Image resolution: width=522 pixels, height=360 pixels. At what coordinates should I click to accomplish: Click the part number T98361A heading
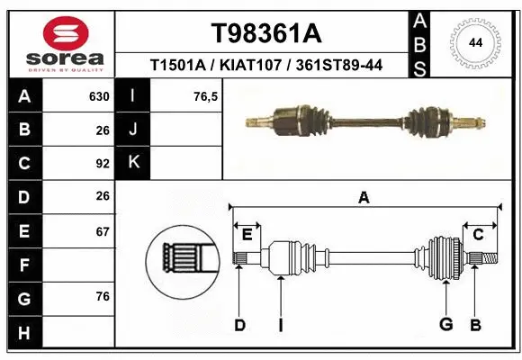(x=265, y=33)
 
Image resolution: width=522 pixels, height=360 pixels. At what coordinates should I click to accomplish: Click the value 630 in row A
(x=99, y=96)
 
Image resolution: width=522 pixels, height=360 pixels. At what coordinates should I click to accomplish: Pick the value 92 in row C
(x=102, y=164)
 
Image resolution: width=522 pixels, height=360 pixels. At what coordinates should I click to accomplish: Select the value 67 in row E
(x=102, y=231)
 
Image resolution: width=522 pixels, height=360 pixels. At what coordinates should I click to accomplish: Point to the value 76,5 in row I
(x=206, y=96)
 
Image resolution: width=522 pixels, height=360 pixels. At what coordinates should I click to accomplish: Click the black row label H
(x=23, y=332)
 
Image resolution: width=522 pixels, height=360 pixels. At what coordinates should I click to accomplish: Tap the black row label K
(x=133, y=163)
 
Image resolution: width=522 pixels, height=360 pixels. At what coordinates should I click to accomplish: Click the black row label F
(x=23, y=265)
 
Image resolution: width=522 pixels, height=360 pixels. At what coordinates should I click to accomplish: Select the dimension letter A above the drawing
(x=364, y=198)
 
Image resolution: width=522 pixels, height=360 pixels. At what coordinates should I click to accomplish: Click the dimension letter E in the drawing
(x=247, y=234)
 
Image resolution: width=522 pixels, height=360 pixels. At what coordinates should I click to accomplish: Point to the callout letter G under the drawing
(x=445, y=325)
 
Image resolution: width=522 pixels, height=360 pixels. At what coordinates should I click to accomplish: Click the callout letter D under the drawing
(x=239, y=325)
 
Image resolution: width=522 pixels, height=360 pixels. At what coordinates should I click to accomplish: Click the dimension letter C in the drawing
(x=478, y=234)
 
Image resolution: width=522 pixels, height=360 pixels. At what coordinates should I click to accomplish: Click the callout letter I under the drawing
(x=280, y=325)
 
